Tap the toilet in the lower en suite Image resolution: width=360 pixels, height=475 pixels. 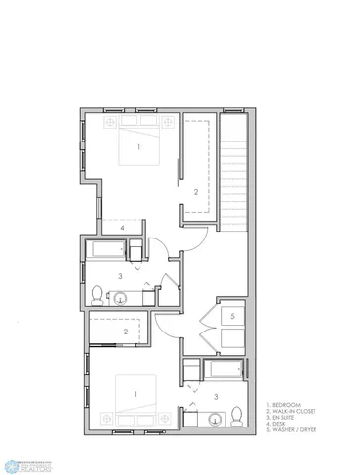pos(237,413)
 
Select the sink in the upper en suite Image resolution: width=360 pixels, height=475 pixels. pos(121,297)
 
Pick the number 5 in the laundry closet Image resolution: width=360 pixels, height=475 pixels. pos(231,317)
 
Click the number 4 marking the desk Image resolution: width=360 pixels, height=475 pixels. pos(122,228)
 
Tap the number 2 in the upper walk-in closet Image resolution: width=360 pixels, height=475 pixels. pos(196,191)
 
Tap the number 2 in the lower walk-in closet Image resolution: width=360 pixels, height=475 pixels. pos(125,332)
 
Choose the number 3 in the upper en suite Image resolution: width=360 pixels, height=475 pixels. pos(120,276)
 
